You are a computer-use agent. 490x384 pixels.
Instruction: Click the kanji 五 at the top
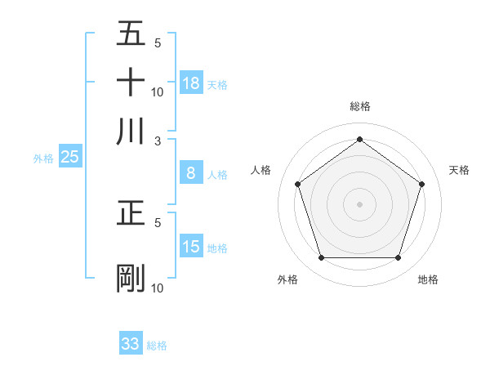click(x=131, y=33)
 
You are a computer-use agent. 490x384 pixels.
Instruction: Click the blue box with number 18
click(x=191, y=83)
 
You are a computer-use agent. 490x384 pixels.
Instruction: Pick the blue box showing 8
click(x=191, y=173)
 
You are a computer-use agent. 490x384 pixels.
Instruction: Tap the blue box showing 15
click(x=191, y=247)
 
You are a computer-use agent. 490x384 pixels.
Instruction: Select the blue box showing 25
click(x=69, y=158)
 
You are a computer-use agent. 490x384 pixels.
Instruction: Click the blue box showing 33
click(x=131, y=344)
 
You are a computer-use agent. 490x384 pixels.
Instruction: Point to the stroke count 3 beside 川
click(x=158, y=141)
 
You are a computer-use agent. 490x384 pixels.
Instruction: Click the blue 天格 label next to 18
click(x=216, y=84)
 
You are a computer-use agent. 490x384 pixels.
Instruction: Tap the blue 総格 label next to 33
click(x=157, y=346)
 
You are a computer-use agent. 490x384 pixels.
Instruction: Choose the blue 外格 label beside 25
click(x=43, y=159)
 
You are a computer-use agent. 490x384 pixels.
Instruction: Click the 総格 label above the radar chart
click(x=360, y=106)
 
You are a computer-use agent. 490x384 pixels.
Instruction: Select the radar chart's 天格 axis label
click(x=460, y=170)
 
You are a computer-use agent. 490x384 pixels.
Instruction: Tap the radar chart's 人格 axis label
click(x=261, y=170)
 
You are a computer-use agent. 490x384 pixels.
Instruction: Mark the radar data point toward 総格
click(x=360, y=140)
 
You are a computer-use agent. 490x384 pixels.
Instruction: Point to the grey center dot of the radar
click(x=360, y=203)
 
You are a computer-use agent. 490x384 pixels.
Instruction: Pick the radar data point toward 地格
click(x=399, y=258)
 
